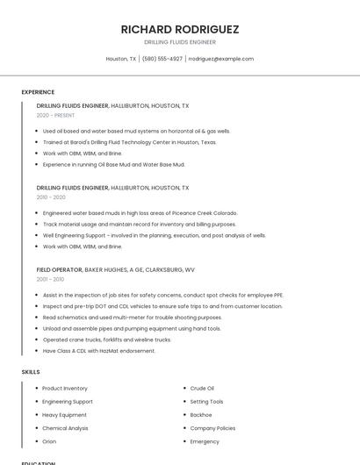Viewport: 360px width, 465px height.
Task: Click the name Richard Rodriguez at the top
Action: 180,29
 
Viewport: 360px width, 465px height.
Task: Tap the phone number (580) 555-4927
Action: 162,59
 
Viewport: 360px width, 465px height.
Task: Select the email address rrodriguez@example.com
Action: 220,59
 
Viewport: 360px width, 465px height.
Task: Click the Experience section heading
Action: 38,92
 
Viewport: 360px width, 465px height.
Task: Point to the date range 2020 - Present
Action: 55,115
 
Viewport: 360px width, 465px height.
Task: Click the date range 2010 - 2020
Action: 51,197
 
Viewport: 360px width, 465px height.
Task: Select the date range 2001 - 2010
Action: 51,279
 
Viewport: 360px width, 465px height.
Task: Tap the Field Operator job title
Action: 60,269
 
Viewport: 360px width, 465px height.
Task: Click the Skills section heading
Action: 31,372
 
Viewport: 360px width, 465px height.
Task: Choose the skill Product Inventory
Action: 65,388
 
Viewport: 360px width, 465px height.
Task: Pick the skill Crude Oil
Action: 202,388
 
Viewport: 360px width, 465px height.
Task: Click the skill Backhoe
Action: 201,415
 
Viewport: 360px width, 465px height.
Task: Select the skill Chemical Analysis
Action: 65,428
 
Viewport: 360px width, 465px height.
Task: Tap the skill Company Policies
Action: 212,428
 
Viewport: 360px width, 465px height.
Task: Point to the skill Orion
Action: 49,441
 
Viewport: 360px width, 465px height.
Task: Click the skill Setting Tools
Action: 206,401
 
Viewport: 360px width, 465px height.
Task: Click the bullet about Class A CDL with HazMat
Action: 99,351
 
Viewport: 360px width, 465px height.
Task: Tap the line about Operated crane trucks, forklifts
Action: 107,340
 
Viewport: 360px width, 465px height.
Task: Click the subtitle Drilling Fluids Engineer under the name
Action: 180,42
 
